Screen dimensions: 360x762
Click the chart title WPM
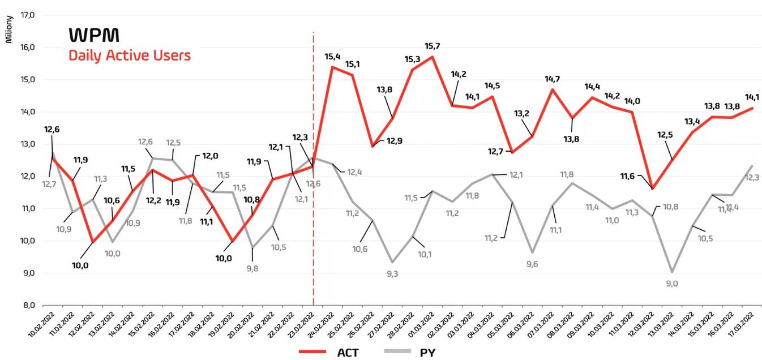coord(94,36)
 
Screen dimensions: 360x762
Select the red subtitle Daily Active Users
coord(130,55)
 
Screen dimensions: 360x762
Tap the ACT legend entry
coord(348,352)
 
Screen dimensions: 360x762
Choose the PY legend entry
coord(427,352)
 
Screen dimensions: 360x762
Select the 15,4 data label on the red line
coord(332,57)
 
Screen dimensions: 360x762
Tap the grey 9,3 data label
coord(391,274)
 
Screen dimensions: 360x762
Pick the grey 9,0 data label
coord(672,284)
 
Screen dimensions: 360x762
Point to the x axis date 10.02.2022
coord(44,325)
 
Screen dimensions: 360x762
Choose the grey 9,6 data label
coord(533,264)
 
